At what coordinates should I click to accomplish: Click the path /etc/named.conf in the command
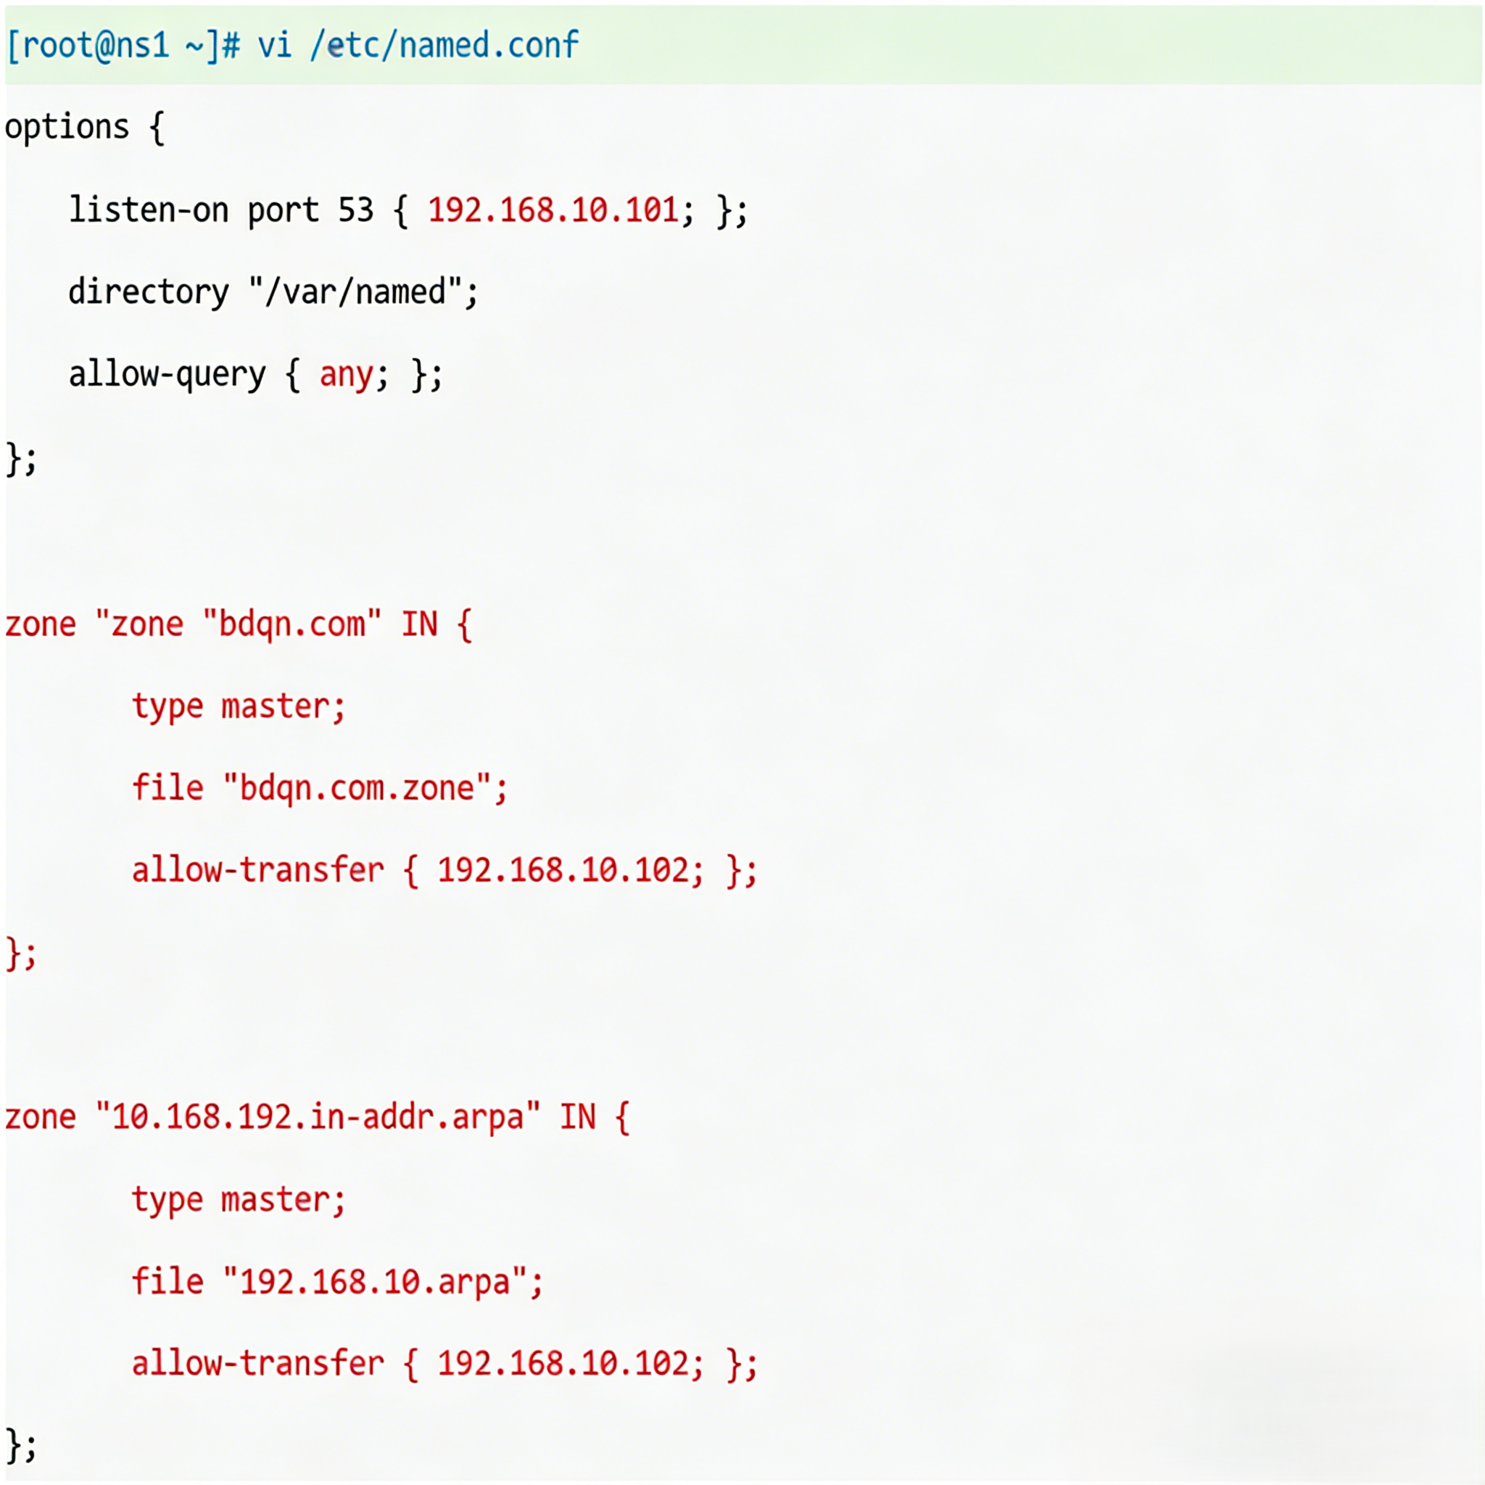[x=444, y=46]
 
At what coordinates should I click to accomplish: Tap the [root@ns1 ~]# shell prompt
[x=123, y=46]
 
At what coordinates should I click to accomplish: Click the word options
[x=67, y=127]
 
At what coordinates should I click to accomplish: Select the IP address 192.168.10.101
[x=553, y=210]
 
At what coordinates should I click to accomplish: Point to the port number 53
[x=355, y=210]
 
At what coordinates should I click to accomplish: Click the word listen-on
[x=149, y=210]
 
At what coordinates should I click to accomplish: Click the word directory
[x=149, y=292]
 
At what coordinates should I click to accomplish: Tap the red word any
[x=346, y=375]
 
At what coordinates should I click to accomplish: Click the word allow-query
[x=167, y=375]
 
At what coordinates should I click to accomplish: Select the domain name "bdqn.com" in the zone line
[x=292, y=624]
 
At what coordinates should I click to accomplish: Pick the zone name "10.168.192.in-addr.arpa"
[x=318, y=1117]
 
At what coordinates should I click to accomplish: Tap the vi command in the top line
[x=274, y=46]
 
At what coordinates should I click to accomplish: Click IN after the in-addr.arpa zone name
[x=577, y=1117]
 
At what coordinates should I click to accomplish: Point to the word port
[x=283, y=210]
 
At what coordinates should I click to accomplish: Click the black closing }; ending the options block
[x=21, y=460]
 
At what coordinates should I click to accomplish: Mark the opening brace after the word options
[x=157, y=127]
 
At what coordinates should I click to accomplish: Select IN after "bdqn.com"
[x=420, y=624]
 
